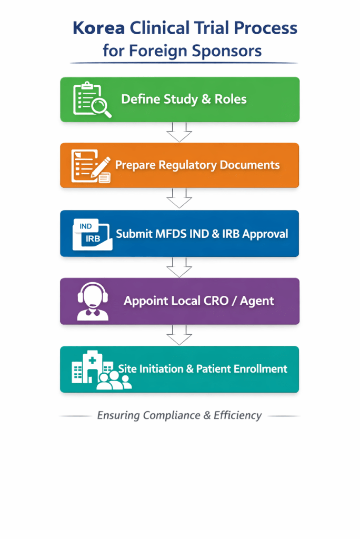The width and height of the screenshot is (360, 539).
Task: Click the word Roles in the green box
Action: pos(231,99)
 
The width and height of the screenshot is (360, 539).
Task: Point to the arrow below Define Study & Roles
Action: pos(179,132)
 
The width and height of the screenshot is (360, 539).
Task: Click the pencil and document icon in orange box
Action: pos(91,165)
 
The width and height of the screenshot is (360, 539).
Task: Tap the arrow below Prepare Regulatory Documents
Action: pos(179,199)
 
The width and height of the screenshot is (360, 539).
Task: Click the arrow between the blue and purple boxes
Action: pos(179,267)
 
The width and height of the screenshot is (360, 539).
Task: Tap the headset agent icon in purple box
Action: pos(93,301)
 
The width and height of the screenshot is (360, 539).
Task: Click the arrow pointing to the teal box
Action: pos(179,335)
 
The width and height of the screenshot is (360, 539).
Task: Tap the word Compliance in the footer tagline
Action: pos(169,416)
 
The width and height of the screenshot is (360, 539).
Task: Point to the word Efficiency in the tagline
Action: pos(237,416)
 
